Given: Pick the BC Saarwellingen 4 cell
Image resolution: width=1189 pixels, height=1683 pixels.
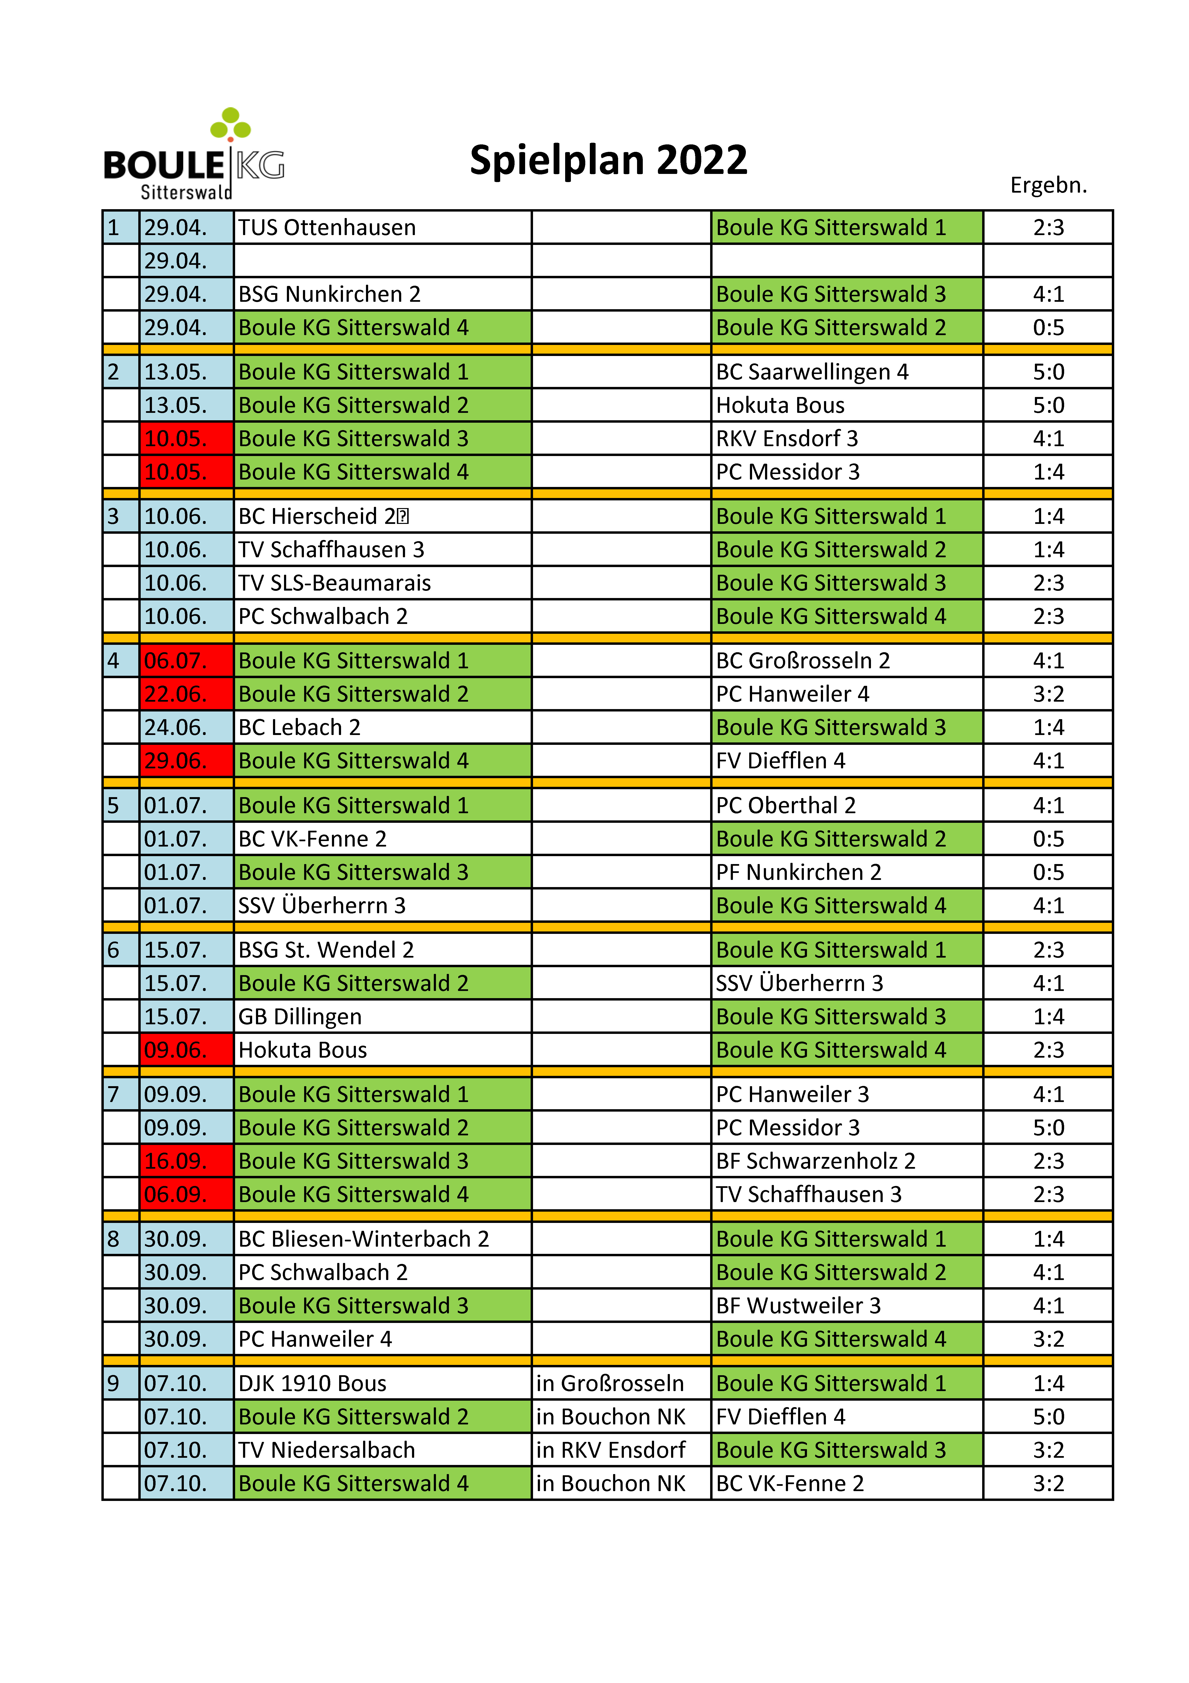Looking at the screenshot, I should point(846,372).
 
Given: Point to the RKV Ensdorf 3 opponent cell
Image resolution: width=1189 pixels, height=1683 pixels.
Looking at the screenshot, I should point(846,438).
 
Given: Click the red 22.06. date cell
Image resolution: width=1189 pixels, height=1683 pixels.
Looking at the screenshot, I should point(186,693).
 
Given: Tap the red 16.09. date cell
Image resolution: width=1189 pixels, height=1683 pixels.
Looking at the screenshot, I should point(186,1160).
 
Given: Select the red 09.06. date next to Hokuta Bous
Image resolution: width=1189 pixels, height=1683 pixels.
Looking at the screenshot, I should point(186,1050).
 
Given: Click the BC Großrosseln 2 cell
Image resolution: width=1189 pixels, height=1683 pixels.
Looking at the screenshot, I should point(846,660).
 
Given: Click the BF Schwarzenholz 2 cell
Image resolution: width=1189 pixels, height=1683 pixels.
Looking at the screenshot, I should point(846,1160).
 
